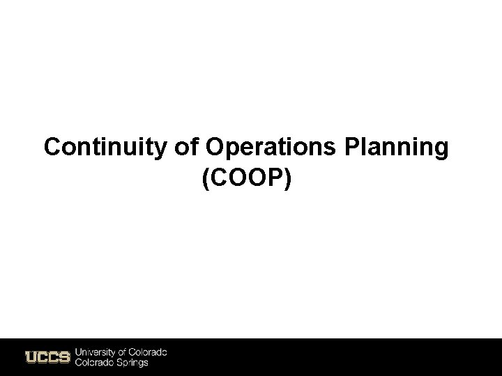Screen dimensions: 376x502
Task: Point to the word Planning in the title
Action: [399, 148]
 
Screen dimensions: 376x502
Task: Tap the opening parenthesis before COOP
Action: [206, 179]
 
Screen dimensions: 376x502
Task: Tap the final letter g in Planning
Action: [441, 150]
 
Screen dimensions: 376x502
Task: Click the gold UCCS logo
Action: [47, 357]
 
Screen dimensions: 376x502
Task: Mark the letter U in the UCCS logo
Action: [31, 357]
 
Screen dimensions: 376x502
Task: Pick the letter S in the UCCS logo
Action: [64, 357]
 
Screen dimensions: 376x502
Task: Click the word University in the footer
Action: [95, 352]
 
